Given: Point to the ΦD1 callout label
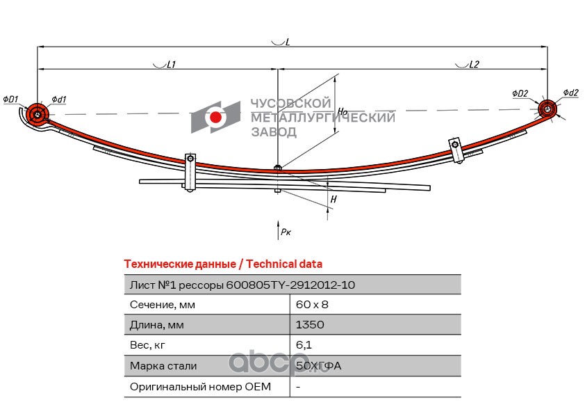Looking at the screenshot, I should pos(10,99).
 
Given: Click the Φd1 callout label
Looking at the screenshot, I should pos(58,99).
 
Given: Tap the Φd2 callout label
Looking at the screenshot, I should pos(570,93).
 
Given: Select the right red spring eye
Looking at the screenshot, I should pos(547,109).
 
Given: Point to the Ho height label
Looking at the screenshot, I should pos(342,111).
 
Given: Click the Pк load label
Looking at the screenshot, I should pos(285,232).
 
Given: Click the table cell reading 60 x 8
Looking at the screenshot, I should pos(312,305).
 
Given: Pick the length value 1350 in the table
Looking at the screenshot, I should pos(309,325).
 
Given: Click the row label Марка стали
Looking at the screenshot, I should pos(163,365).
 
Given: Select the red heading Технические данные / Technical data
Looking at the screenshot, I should pos(222,264).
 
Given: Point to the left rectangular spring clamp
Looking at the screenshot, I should pos(190,171).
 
